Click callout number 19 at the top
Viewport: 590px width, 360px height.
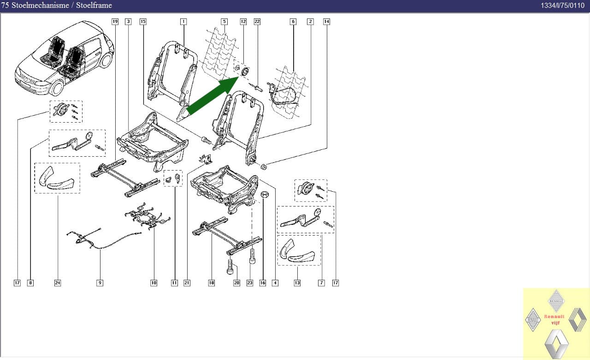(115, 22)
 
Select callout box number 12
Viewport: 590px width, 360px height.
(243, 22)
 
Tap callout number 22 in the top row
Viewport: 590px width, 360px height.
(257, 22)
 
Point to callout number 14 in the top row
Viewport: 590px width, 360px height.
(326, 22)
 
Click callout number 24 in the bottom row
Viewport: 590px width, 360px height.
(58, 283)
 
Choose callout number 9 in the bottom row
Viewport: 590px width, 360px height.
(100, 283)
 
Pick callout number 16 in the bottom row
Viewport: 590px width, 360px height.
(263, 283)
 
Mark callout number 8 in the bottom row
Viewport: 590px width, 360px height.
(30, 283)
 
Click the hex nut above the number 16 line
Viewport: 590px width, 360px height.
(265, 195)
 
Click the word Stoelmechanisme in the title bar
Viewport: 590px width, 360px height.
(40, 5)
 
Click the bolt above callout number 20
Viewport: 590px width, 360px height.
(230, 266)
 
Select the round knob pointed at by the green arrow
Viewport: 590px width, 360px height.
(245, 71)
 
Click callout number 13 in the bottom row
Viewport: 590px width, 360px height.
(297, 283)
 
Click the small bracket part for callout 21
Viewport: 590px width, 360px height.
(205, 159)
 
